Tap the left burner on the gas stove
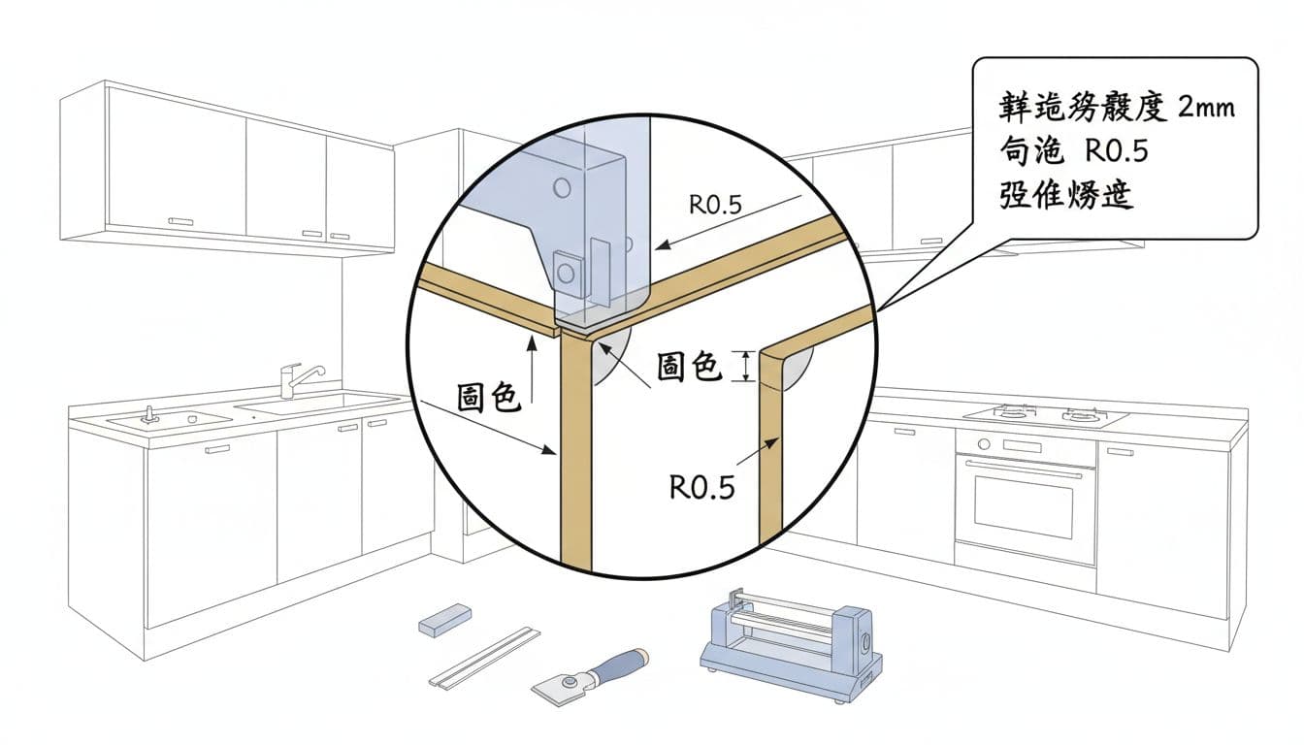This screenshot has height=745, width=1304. coord(1012,413)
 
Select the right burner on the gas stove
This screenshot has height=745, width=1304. coord(1080,416)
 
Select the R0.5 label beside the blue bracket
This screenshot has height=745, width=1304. coord(715,205)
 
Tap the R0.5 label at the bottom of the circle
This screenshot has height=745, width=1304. coord(702,486)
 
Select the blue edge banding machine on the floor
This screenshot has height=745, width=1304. coord(791,641)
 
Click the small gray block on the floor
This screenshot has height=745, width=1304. coord(445,618)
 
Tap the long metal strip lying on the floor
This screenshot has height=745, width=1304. coord(485,657)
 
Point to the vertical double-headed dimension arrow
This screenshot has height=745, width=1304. coord(746,366)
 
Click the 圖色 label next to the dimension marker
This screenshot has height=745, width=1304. coord(688,366)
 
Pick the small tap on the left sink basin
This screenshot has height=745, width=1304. coord(148,414)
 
